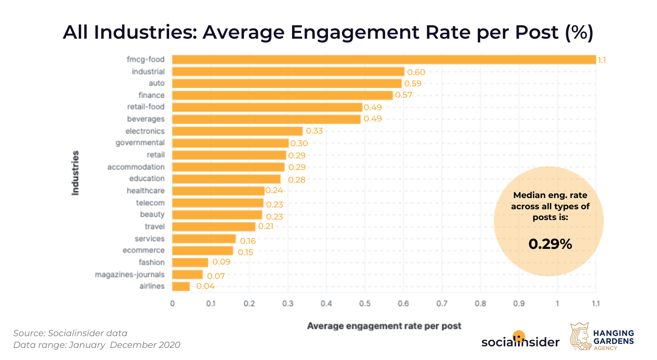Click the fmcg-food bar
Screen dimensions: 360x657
click(x=384, y=59)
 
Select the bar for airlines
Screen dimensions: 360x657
click(x=181, y=286)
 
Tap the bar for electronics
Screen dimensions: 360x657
click(x=237, y=131)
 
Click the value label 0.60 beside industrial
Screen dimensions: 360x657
click(x=416, y=72)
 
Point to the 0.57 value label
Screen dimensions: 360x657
click(x=404, y=95)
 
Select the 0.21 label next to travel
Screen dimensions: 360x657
click(x=265, y=226)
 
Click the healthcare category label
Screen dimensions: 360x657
click(x=146, y=191)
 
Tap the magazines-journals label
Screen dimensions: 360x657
click(x=130, y=274)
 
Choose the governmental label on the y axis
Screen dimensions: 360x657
click(x=140, y=143)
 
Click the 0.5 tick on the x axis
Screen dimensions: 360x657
click(x=365, y=303)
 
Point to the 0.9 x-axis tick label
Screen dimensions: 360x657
click(x=519, y=303)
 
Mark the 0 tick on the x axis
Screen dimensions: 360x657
click(x=172, y=303)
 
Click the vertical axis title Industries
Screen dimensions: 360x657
click(x=75, y=173)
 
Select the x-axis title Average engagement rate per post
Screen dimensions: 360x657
click(x=384, y=325)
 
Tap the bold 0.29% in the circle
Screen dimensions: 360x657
click(x=550, y=244)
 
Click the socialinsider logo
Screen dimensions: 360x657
click(x=520, y=341)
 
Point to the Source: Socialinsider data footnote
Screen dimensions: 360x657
click(x=70, y=333)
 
